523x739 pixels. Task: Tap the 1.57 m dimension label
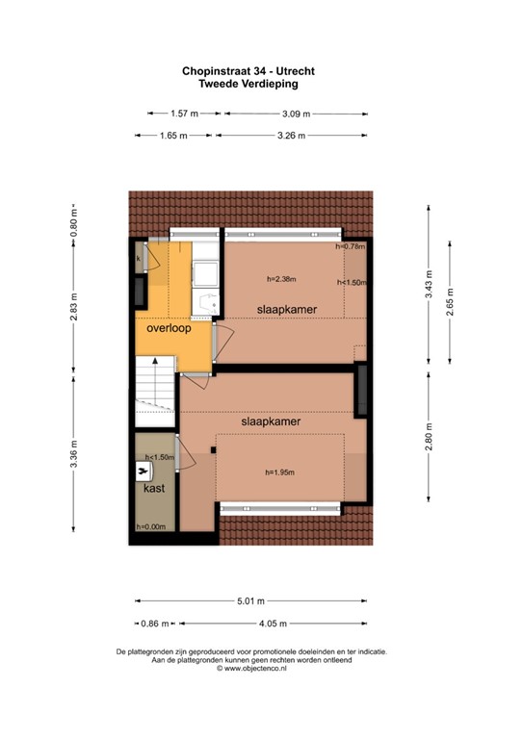click(184, 114)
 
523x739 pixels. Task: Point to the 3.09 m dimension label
click(296, 114)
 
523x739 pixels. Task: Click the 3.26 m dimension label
click(290, 136)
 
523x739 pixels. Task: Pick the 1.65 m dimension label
click(173, 136)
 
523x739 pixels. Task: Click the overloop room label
click(169, 328)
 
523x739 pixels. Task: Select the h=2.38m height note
click(281, 279)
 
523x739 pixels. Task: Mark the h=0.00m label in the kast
click(150, 527)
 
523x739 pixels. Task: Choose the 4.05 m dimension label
click(275, 624)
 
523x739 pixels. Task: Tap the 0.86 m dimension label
click(155, 624)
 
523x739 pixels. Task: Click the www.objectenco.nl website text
click(253, 668)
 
